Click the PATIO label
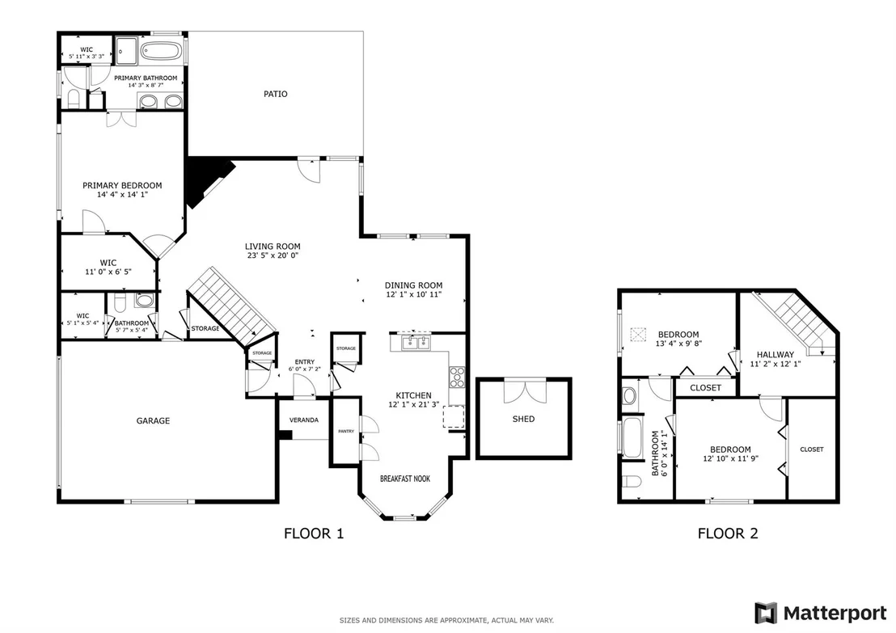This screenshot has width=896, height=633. (x=276, y=95)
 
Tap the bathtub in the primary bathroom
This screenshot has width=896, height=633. (x=162, y=52)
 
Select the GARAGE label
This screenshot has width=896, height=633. (x=153, y=421)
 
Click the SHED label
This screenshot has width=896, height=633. (x=523, y=420)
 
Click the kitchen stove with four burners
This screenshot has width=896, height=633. (x=457, y=377)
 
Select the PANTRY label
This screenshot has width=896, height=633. (x=346, y=432)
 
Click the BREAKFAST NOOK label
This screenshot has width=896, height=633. (x=405, y=479)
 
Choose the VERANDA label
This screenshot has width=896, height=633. (x=304, y=420)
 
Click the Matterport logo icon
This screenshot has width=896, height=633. (x=766, y=614)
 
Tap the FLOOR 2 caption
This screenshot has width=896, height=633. (x=728, y=534)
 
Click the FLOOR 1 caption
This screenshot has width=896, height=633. (x=314, y=534)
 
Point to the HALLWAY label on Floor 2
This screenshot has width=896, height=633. (x=776, y=355)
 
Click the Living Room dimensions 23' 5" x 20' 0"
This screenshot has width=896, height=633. (x=273, y=256)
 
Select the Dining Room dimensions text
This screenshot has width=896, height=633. (x=414, y=295)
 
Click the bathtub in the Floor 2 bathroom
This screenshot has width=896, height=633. (x=632, y=438)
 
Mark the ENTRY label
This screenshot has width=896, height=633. (x=305, y=362)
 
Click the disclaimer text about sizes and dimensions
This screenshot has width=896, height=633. (x=446, y=620)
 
